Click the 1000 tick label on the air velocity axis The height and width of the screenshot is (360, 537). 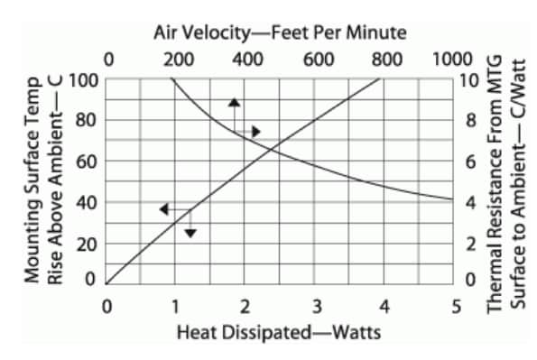point(452,60)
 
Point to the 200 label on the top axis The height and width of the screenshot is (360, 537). point(179,60)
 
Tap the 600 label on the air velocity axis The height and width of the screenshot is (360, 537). point(318,60)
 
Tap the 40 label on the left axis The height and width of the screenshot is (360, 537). point(86,202)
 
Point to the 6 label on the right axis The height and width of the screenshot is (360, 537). point(469,162)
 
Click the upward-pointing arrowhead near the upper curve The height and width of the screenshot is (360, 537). point(234,103)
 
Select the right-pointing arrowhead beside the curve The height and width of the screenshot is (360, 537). point(255,132)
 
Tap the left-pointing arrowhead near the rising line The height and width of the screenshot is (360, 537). point(163,209)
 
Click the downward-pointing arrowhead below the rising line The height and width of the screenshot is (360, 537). point(190,233)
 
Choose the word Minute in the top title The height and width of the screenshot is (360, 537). point(378,33)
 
